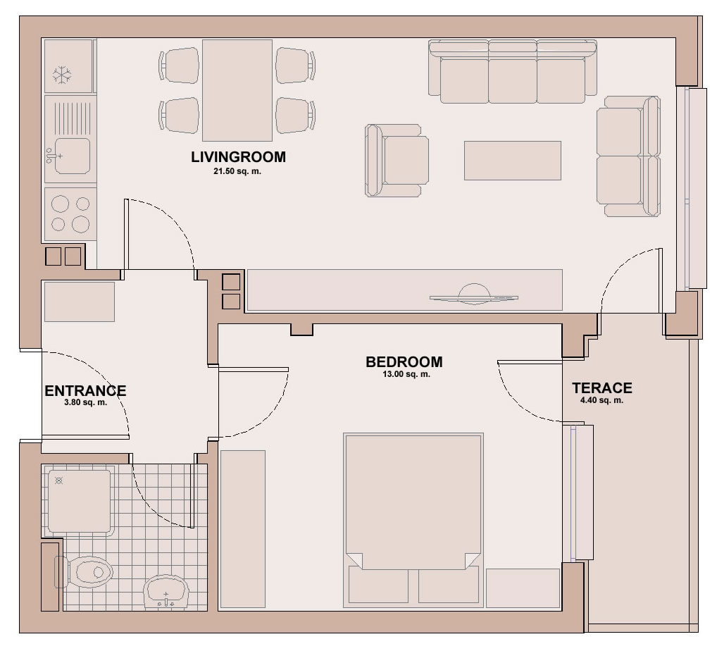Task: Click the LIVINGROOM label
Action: click(238, 157)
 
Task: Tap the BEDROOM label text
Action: click(404, 362)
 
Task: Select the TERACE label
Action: click(602, 388)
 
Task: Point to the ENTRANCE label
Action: click(85, 391)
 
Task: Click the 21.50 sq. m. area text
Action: click(237, 171)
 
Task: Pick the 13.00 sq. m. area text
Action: click(406, 374)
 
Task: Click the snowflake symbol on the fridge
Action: click(62, 75)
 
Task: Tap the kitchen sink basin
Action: click(73, 156)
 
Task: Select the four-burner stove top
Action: click(70, 213)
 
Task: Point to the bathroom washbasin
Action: click(166, 592)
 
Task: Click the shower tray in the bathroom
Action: click(79, 502)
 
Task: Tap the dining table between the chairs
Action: click(237, 90)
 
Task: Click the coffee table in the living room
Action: click(513, 161)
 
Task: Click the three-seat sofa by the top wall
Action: click(513, 72)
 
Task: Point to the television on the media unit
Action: click(474, 294)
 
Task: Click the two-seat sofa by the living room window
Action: click(628, 156)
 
